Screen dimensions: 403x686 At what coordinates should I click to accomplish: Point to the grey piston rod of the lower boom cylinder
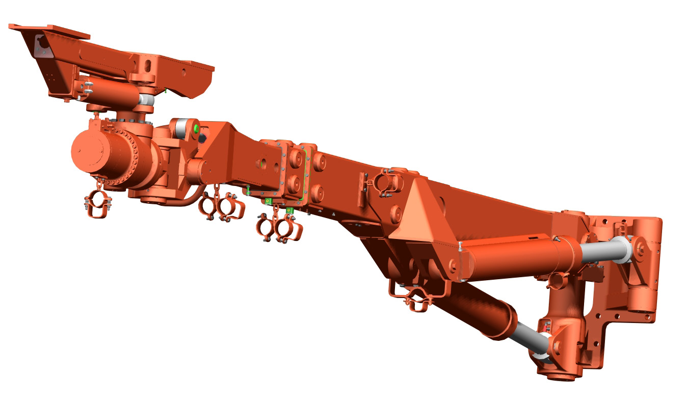click(x=525, y=336)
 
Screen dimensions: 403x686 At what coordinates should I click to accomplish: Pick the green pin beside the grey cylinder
click(x=195, y=128)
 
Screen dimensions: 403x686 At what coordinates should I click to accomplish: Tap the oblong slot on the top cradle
click(x=147, y=66)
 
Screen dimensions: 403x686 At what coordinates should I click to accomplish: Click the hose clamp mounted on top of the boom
click(x=385, y=181)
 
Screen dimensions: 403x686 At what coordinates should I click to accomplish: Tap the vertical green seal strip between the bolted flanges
click(x=304, y=176)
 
